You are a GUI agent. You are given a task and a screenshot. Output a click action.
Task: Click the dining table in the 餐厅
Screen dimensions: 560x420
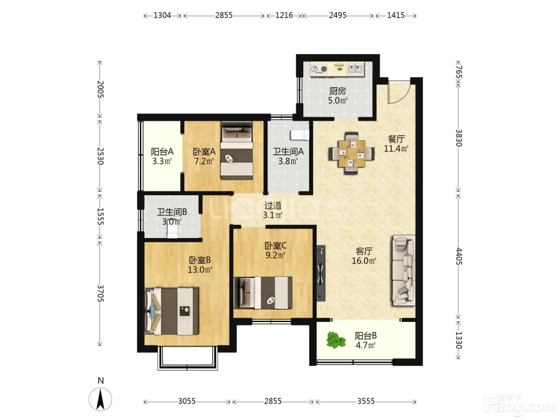(352, 153)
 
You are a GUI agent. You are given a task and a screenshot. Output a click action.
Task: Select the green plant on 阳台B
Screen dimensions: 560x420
(336, 340)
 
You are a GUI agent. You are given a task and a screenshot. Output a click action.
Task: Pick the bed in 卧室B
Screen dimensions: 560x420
(172, 311)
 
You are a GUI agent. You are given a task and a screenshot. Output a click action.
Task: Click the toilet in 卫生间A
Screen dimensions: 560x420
(300, 135)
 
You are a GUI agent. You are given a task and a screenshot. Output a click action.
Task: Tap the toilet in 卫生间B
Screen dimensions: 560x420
(172, 232)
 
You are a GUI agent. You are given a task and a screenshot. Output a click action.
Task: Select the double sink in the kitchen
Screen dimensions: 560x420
(355, 69)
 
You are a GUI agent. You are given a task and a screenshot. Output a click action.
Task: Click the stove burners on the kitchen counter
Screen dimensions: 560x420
(319, 69)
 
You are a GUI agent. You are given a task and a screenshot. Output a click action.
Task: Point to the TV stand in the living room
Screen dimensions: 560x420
(321, 273)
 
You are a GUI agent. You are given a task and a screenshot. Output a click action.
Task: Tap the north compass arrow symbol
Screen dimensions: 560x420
(100, 400)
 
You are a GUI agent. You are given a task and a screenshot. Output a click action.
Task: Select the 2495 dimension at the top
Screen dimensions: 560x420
(338, 16)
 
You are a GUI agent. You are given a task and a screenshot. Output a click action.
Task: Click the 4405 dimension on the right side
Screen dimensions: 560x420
(459, 256)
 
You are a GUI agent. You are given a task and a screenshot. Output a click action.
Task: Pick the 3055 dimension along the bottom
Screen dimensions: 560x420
(187, 401)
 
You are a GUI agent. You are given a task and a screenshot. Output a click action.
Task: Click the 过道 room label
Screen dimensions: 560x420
(273, 205)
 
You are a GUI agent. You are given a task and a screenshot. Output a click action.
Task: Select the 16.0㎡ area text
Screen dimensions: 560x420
(364, 261)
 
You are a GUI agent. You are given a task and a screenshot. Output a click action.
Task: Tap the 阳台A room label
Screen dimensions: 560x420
(162, 152)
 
